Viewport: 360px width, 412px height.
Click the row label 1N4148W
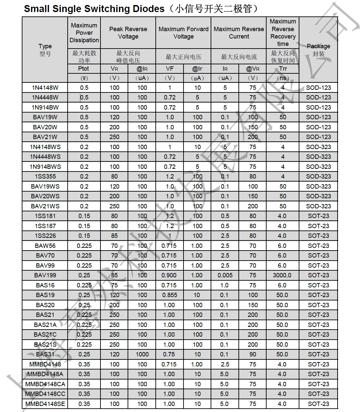tap(45, 88)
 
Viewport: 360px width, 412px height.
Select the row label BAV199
tap(45, 275)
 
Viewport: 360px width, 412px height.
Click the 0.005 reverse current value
tap(225, 275)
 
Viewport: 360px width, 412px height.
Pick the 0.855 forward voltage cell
tap(169, 295)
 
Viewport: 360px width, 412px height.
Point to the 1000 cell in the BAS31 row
tap(142, 354)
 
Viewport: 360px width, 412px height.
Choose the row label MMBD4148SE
tap(45, 404)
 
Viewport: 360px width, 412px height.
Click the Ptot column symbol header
tap(84, 69)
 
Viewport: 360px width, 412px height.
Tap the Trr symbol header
tap(283, 69)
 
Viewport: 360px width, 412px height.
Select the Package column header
tap(318, 46)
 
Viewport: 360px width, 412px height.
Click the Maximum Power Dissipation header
tap(84, 33)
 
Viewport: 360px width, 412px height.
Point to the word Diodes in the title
tap(146, 9)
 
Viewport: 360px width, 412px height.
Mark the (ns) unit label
tap(283, 78)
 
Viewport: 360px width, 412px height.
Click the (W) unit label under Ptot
tap(84, 78)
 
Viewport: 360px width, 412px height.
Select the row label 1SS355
tap(45, 177)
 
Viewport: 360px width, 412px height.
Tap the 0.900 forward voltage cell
tap(169, 275)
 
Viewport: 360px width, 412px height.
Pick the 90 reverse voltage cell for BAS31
tap(253, 354)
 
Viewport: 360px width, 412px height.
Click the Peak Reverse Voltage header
tap(128, 33)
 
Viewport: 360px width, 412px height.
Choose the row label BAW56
tap(45, 246)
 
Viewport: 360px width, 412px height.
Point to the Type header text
tap(45, 46)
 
